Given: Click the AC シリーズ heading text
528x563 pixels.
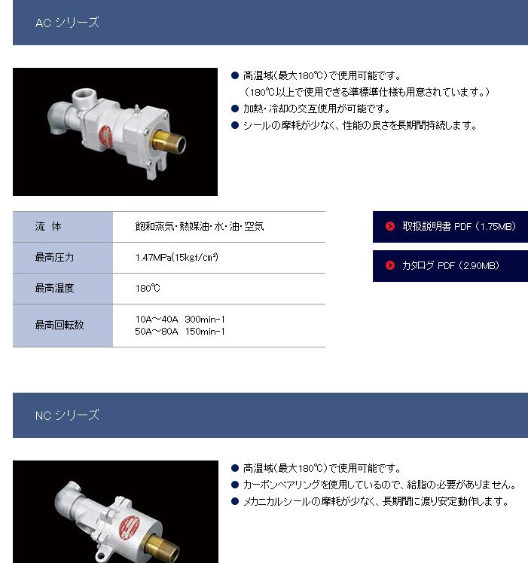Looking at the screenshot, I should click(67, 23).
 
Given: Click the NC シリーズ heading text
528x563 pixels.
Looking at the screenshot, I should click(67, 415).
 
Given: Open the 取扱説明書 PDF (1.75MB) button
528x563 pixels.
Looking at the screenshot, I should click(450, 226).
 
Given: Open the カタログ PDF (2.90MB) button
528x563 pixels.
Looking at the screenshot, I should click(450, 266).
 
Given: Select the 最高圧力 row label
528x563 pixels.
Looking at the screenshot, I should click(54, 258).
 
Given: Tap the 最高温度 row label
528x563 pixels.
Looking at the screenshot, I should click(54, 288).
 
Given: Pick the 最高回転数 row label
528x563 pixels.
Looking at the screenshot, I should click(59, 325).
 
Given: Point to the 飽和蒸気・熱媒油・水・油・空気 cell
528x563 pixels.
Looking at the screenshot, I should click(199, 226).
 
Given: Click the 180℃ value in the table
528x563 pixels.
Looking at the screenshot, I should click(148, 289).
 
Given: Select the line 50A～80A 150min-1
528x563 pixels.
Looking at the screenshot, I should click(180, 332).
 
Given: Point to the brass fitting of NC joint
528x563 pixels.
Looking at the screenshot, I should click(161, 549).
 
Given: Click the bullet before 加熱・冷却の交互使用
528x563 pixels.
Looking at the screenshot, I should click(234, 109).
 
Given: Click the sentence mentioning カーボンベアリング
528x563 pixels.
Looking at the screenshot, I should click(379, 485).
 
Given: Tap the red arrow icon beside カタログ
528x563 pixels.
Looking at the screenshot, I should click(390, 265).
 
